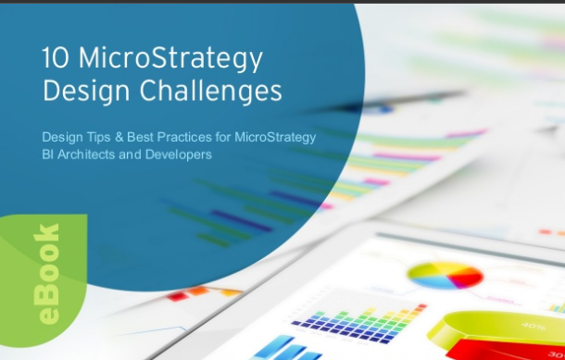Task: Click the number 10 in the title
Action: (54, 58)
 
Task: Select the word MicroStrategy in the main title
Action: (167, 59)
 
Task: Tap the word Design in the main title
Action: (83, 92)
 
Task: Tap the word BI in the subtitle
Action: (49, 155)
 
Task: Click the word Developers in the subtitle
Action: (179, 155)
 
